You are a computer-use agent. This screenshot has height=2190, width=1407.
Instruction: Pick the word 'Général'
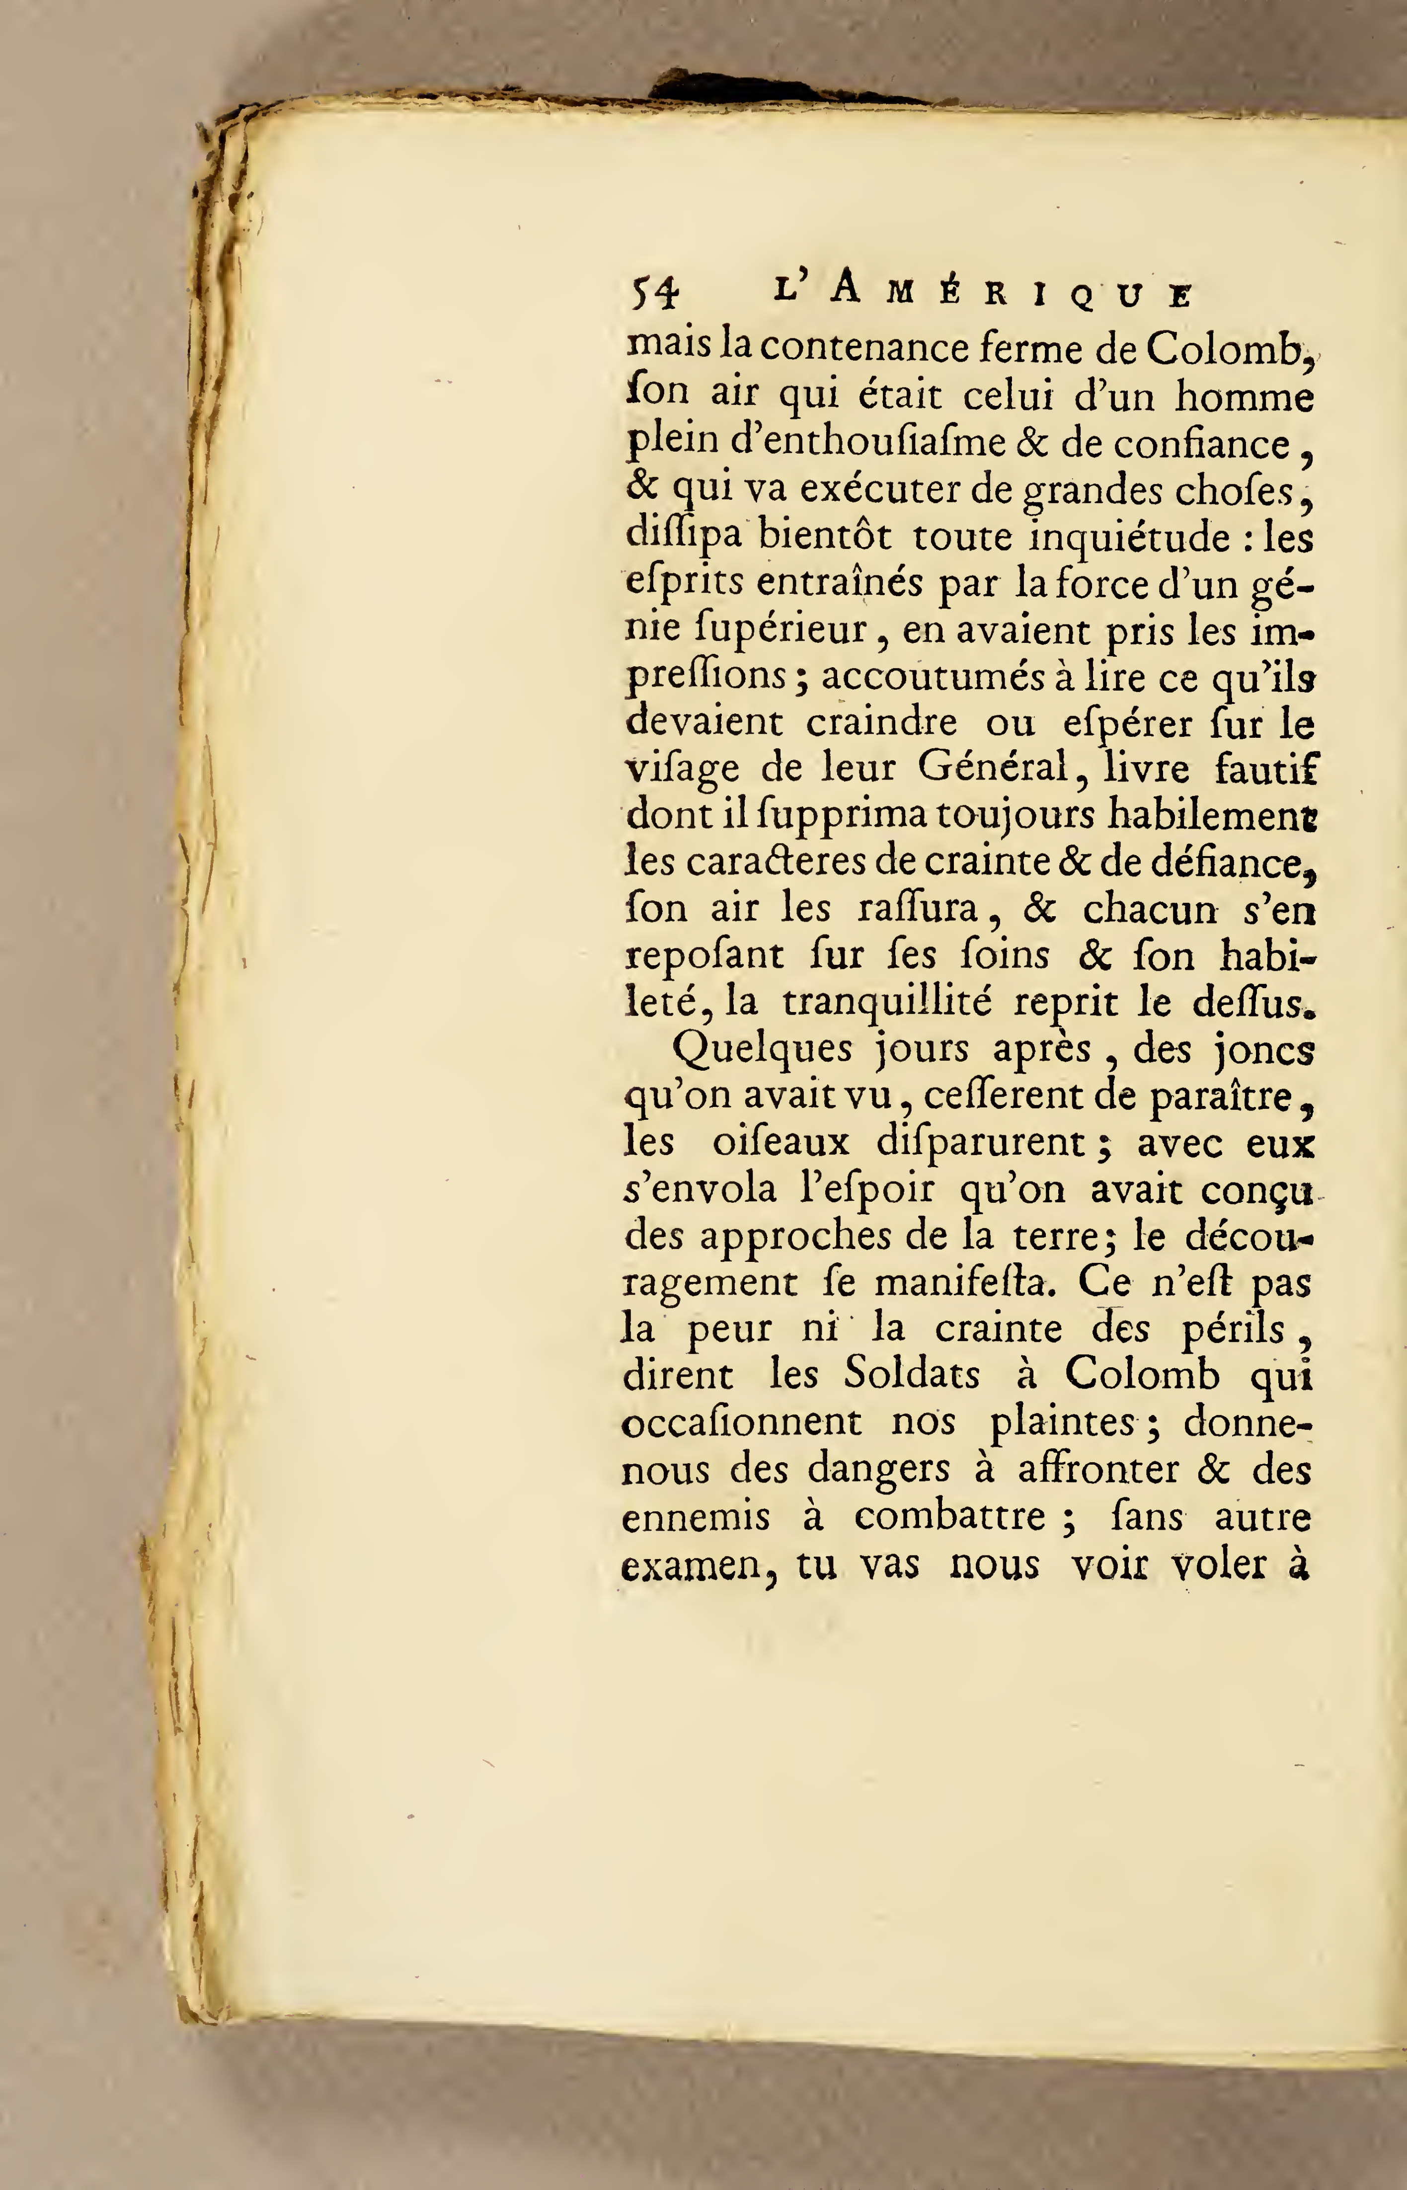click(993, 769)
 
